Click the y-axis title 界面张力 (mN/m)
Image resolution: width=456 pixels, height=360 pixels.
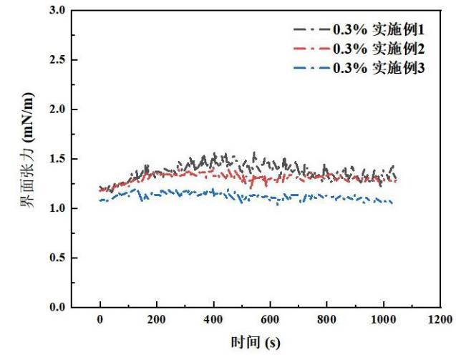[28, 159]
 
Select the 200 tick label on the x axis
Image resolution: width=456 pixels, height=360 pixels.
[157, 321]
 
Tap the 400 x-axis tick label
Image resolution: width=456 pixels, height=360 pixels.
[213, 321]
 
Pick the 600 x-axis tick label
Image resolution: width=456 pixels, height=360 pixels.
[270, 321]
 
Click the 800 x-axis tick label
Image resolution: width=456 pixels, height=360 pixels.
[326, 321]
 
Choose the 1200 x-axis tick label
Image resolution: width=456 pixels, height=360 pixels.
[440, 321]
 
